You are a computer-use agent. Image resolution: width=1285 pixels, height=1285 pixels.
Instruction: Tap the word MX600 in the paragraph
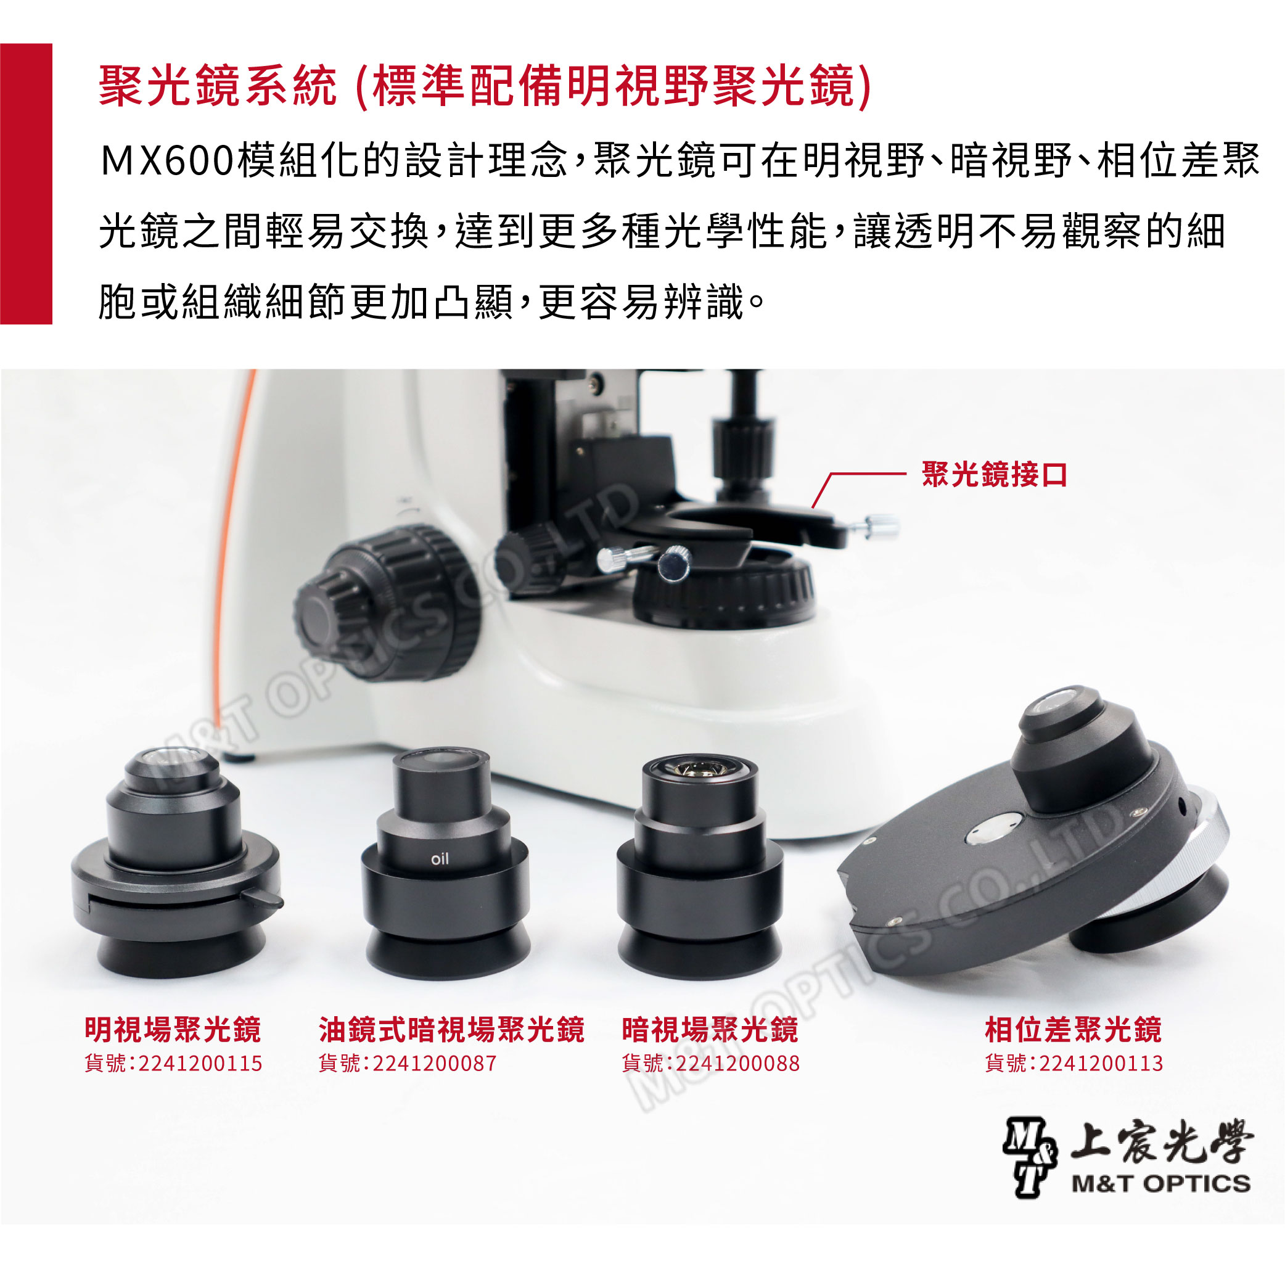pos(167,161)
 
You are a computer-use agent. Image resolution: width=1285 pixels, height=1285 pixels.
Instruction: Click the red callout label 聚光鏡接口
pos(994,474)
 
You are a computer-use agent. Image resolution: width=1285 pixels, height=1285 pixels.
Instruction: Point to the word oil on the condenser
pos(440,859)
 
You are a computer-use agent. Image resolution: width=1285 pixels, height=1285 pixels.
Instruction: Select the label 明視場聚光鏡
pos(173,1030)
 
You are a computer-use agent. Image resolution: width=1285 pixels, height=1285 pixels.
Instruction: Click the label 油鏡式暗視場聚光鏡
pos(451,1030)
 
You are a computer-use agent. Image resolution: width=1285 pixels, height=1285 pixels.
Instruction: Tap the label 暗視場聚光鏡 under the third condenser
pos(710,1030)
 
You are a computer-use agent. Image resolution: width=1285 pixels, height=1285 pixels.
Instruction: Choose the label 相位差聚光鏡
pos(1073,1030)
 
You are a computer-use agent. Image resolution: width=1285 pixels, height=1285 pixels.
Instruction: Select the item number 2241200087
pos(434,1064)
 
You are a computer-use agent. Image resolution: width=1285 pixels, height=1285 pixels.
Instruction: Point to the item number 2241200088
pos(737,1064)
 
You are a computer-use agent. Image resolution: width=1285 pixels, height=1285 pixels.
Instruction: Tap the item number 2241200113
pos(1101,1064)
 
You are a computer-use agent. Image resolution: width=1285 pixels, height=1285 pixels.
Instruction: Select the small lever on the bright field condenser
pos(262,897)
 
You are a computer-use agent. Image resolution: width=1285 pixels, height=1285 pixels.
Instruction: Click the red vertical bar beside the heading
pos(26,184)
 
